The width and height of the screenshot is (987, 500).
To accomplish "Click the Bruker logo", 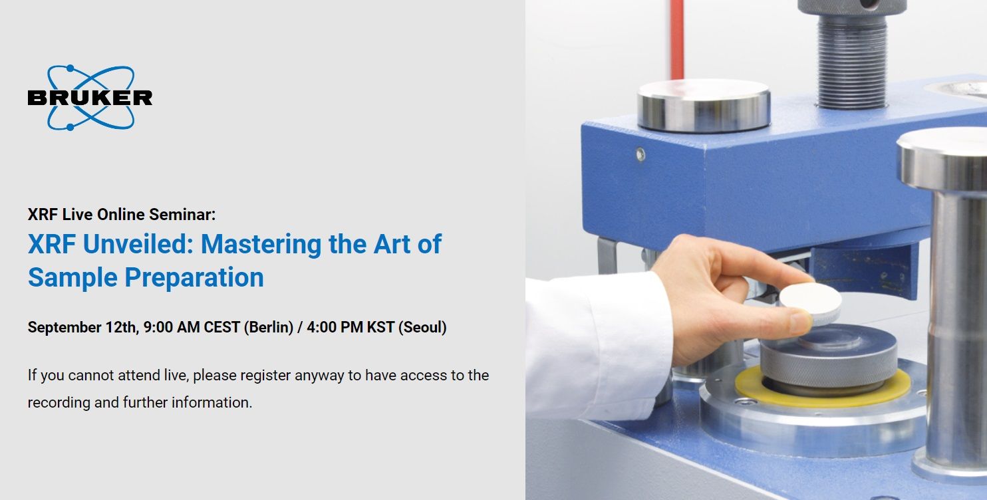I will pos(90,98).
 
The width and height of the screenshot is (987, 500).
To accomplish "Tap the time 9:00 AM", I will pos(166,327).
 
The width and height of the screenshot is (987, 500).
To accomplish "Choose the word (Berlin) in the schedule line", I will pos(269,327).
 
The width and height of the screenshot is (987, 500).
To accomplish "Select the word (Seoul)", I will pos(422,327).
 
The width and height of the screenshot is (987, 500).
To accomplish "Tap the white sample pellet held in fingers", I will pos(810,303).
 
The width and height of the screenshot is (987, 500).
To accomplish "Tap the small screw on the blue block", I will pos(640,155).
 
